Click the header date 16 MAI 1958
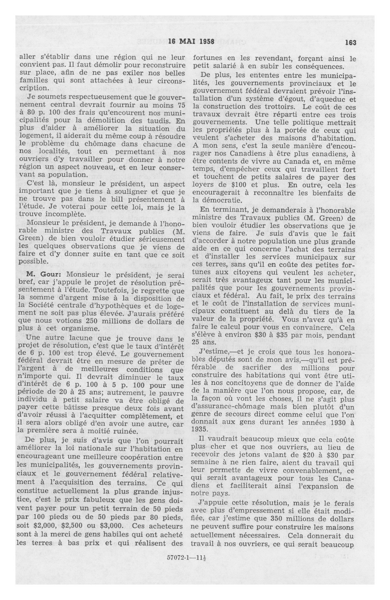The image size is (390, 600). pos(191,42)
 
